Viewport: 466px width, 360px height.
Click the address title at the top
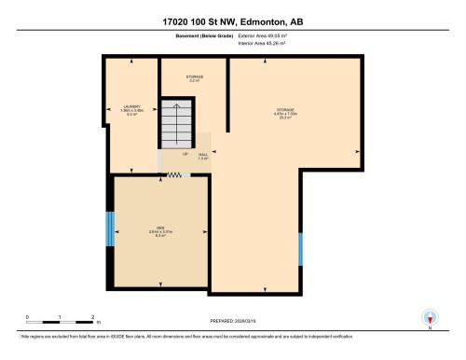[233, 21]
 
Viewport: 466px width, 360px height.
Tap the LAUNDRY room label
[130, 109]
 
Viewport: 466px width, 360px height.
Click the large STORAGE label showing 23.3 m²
[289, 114]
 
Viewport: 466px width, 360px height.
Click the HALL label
[202, 157]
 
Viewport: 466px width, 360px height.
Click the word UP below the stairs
[185, 154]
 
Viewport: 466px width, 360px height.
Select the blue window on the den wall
[109, 228]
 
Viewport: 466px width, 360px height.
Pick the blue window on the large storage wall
[300, 249]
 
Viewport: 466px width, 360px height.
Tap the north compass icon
[428, 318]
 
